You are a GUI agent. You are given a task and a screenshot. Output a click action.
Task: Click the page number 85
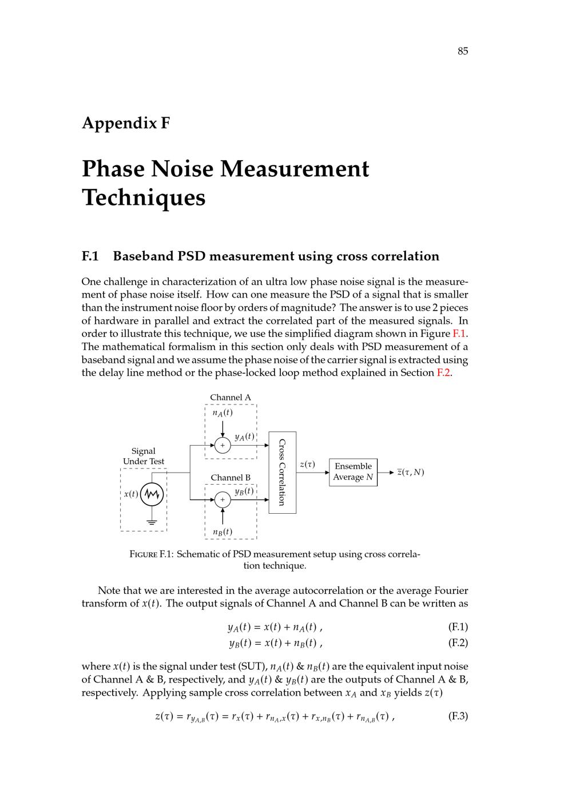(463, 51)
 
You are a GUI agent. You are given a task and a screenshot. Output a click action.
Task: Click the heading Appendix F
(126, 123)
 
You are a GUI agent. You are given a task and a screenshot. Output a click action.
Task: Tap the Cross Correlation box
(282, 473)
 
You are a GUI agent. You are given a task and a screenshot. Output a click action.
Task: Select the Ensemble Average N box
(353, 472)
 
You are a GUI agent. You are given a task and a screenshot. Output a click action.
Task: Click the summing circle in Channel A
(223, 445)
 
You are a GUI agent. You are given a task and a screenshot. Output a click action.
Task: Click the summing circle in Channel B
(223, 500)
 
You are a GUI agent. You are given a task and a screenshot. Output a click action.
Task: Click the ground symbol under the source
(152, 522)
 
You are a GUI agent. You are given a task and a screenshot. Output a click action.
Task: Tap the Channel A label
(230, 398)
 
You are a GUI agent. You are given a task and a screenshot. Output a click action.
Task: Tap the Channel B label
(230, 478)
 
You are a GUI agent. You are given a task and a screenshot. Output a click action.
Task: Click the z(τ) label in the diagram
(307, 465)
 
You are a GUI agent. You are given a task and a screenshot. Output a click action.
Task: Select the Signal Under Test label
(143, 456)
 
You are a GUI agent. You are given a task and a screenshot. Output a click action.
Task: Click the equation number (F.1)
(458, 627)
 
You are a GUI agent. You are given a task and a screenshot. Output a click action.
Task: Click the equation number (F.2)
(458, 643)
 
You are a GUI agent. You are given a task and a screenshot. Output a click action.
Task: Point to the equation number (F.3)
(458, 716)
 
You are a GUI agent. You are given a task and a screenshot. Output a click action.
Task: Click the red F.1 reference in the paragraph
(459, 334)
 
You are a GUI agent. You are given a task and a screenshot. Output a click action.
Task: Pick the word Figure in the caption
(144, 554)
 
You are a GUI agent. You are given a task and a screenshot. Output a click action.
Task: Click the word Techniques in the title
(144, 198)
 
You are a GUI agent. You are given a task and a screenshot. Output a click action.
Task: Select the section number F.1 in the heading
(90, 256)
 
